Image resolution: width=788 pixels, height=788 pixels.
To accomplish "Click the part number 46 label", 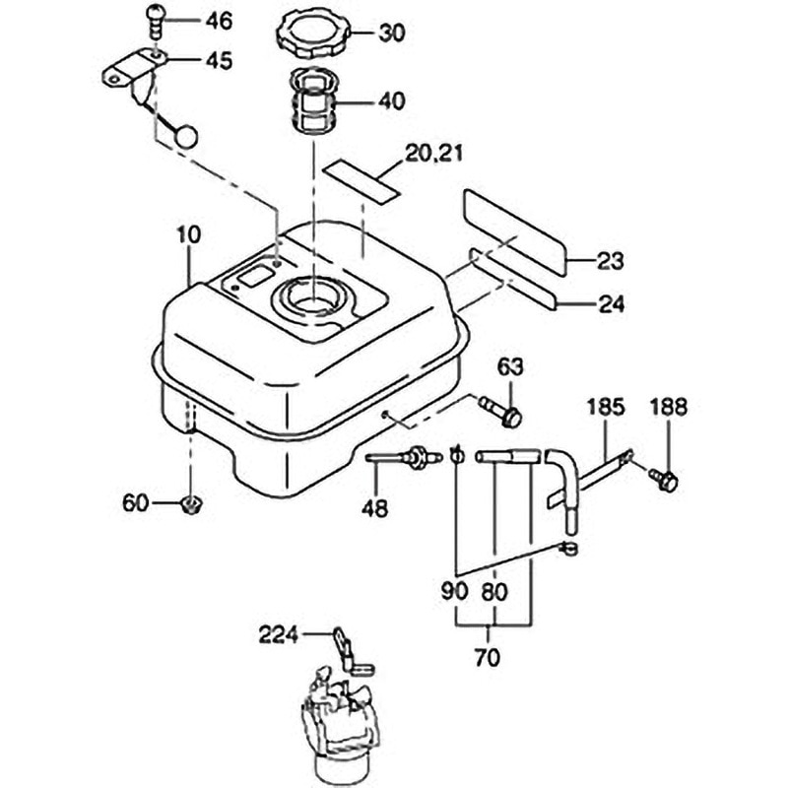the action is coord(219,21).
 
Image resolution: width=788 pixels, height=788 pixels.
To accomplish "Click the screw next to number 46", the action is coord(156,21).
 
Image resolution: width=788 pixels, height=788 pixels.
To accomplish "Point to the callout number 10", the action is coord(189,235).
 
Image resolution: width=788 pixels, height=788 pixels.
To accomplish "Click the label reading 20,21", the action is coord(433,154).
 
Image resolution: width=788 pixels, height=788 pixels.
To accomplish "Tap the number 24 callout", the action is coord(611,304).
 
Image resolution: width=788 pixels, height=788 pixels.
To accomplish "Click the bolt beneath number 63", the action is coord(500,411).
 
